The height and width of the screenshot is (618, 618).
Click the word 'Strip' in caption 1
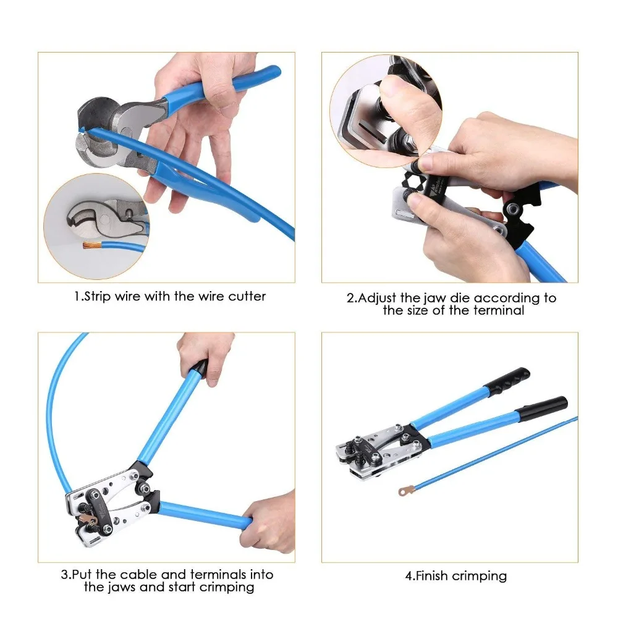(x=98, y=297)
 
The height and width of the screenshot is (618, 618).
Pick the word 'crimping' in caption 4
(x=480, y=577)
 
